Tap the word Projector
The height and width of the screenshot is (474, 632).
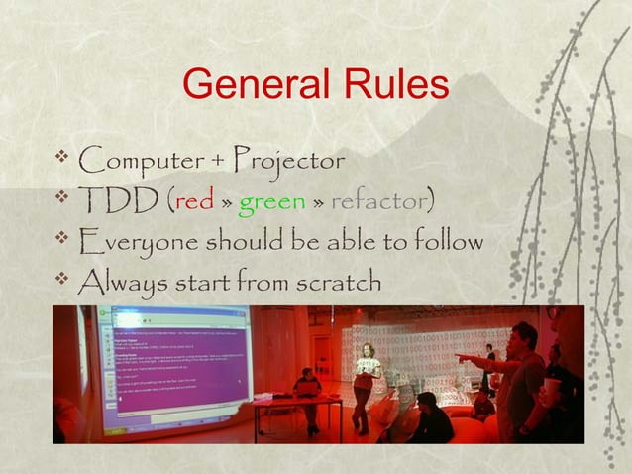[290, 159]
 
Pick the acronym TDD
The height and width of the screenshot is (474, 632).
[118, 201]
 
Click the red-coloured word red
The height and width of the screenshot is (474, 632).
[193, 202]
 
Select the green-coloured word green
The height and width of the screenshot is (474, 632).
[272, 202]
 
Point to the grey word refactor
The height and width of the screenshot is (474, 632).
[375, 202]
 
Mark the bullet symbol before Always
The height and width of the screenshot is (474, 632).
[63, 281]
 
